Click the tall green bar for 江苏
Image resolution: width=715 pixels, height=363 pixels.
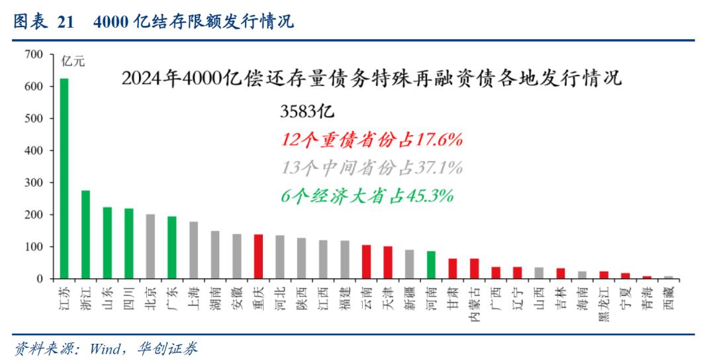point(64,179)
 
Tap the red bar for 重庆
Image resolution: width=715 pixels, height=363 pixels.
point(259,256)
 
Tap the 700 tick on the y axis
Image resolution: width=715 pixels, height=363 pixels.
point(34,54)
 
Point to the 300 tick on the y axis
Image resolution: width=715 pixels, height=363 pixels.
point(34,183)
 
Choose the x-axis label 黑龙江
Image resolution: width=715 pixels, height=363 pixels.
point(604,303)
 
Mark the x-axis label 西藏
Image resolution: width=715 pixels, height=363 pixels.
point(668,298)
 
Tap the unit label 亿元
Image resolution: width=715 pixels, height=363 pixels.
point(73,62)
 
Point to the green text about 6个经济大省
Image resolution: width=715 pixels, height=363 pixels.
point(367,195)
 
